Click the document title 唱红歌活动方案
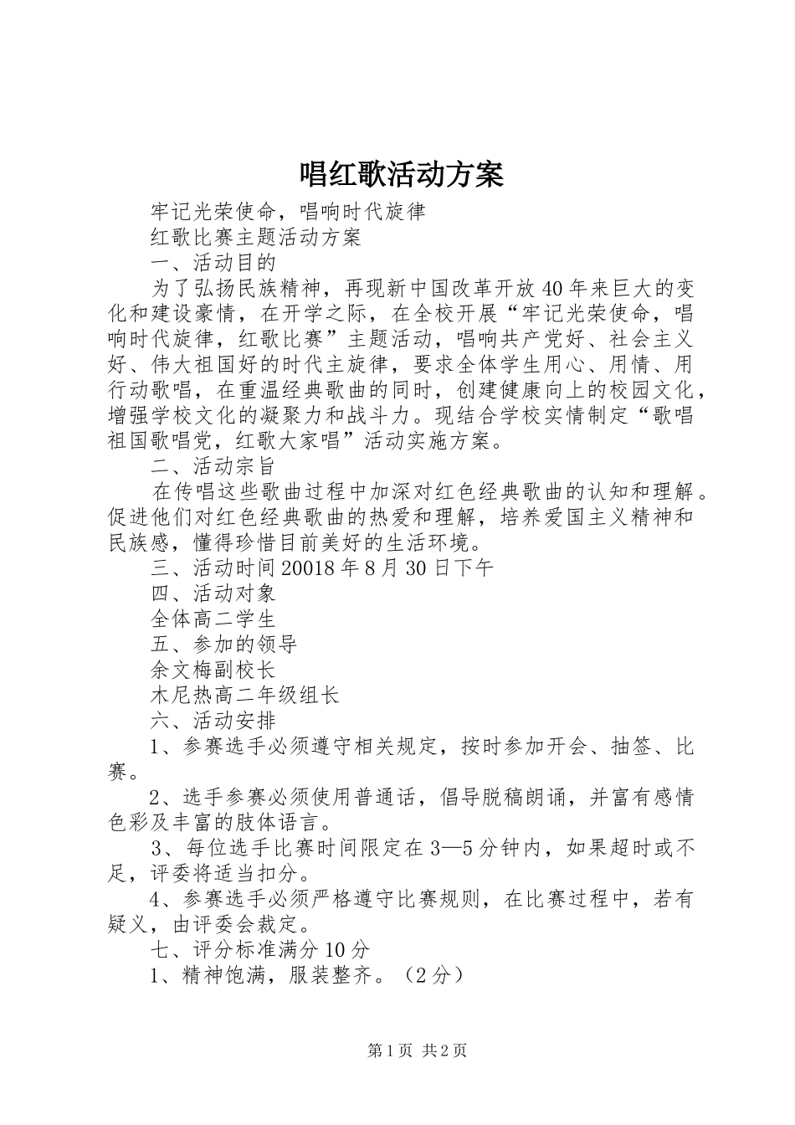(x=401, y=173)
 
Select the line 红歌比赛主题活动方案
(x=255, y=237)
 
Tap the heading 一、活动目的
(x=213, y=263)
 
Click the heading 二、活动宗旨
(x=213, y=465)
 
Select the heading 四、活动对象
(x=213, y=593)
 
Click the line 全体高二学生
(x=213, y=619)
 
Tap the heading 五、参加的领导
(x=223, y=645)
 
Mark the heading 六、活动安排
(x=213, y=720)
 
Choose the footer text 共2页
(x=445, y=1051)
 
